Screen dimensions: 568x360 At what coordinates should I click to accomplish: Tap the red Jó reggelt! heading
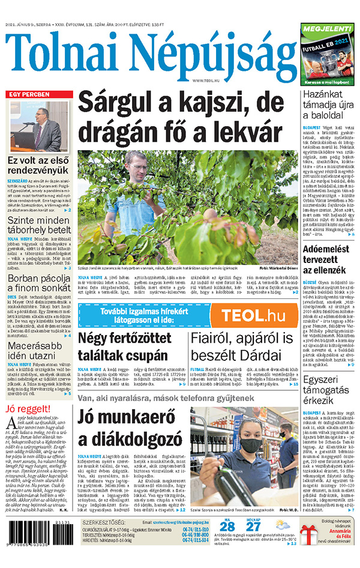(x=25, y=409)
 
